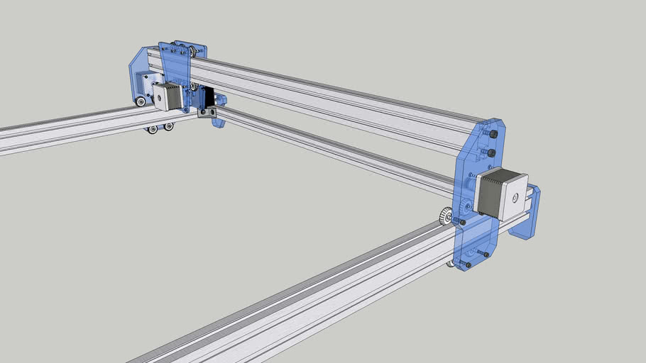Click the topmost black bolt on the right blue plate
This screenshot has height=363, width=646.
tap(493, 135)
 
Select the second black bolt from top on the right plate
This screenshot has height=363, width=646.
tap(491, 152)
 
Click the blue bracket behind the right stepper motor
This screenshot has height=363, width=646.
tap(531, 213)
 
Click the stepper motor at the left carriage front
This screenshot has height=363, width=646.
tap(168, 96)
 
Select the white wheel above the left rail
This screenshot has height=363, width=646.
tap(141, 102)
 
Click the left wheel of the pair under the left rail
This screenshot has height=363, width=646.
tap(153, 130)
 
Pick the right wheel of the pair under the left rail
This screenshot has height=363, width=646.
tap(168, 127)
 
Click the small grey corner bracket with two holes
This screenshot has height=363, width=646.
tap(207, 112)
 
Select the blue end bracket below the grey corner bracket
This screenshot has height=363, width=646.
tap(219, 122)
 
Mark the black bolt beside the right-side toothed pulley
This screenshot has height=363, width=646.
tap(462, 222)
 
